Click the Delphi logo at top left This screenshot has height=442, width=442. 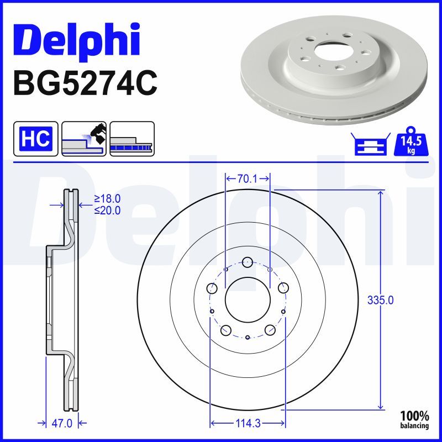[77, 41]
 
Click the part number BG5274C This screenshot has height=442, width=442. [85, 83]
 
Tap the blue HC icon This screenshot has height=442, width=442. [36, 139]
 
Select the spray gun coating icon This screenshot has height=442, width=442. [84, 139]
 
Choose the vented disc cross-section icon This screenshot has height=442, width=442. [132, 139]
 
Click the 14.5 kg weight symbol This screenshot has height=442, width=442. [411, 141]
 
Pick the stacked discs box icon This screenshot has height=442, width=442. [371, 144]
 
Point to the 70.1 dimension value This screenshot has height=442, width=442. [247, 178]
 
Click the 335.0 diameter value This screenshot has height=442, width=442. [380, 301]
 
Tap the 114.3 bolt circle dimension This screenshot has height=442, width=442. [248, 423]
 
